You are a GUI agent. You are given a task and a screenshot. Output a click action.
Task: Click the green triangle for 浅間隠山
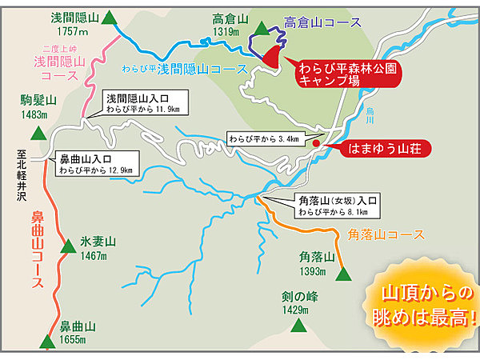click(109, 19)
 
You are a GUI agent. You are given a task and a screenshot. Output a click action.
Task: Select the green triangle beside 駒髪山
click(36, 134)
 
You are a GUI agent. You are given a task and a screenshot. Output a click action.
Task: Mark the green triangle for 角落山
click(344, 274)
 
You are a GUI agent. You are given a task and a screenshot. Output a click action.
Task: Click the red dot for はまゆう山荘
click(317, 144)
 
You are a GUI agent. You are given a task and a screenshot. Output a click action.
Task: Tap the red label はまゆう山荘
click(386, 149)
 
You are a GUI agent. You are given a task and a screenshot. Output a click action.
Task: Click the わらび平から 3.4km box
click(263, 138)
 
